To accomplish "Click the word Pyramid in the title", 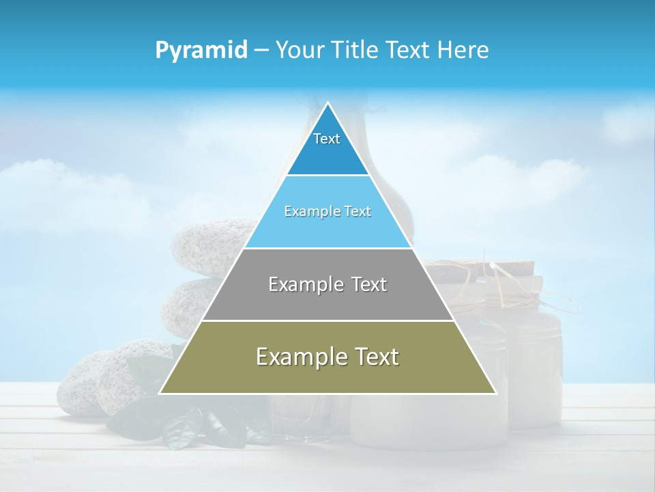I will (201, 51).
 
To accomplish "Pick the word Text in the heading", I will (409, 51).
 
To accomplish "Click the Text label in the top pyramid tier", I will (327, 139).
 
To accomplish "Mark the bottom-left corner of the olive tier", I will (160, 393).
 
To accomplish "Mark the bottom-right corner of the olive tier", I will (495, 393).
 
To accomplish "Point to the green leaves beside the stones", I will (171, 424).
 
